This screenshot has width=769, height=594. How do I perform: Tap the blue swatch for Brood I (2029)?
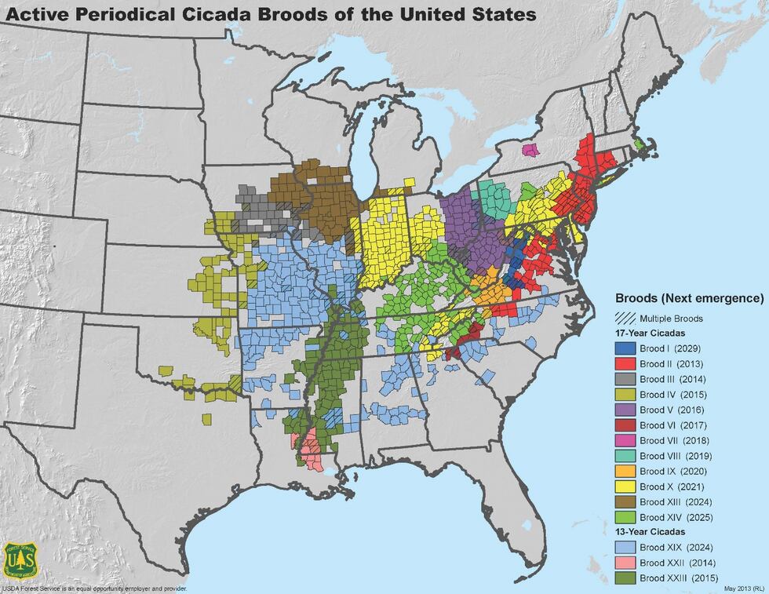(x=626, y=348)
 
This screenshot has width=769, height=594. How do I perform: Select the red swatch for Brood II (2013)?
(x=626, y=364)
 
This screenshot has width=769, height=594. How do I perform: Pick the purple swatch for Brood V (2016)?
(x=626, y=410)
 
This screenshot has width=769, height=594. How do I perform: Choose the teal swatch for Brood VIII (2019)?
(x=626, y=456)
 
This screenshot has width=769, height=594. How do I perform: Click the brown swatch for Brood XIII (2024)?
(x=626, y=501)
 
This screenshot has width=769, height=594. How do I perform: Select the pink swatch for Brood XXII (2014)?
(x=626, y=563)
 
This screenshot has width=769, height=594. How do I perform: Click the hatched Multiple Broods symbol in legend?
(x=626, y=319)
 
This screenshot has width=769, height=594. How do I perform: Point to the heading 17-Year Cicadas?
(x=651, y=333)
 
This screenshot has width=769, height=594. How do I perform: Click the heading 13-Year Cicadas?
(x=651, y=533)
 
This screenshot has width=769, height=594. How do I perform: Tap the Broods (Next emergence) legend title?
(x=689, y=299)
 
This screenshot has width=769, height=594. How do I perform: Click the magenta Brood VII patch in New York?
(x=531, y=149)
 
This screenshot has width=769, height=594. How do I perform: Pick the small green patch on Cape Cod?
(x=640, y=144)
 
